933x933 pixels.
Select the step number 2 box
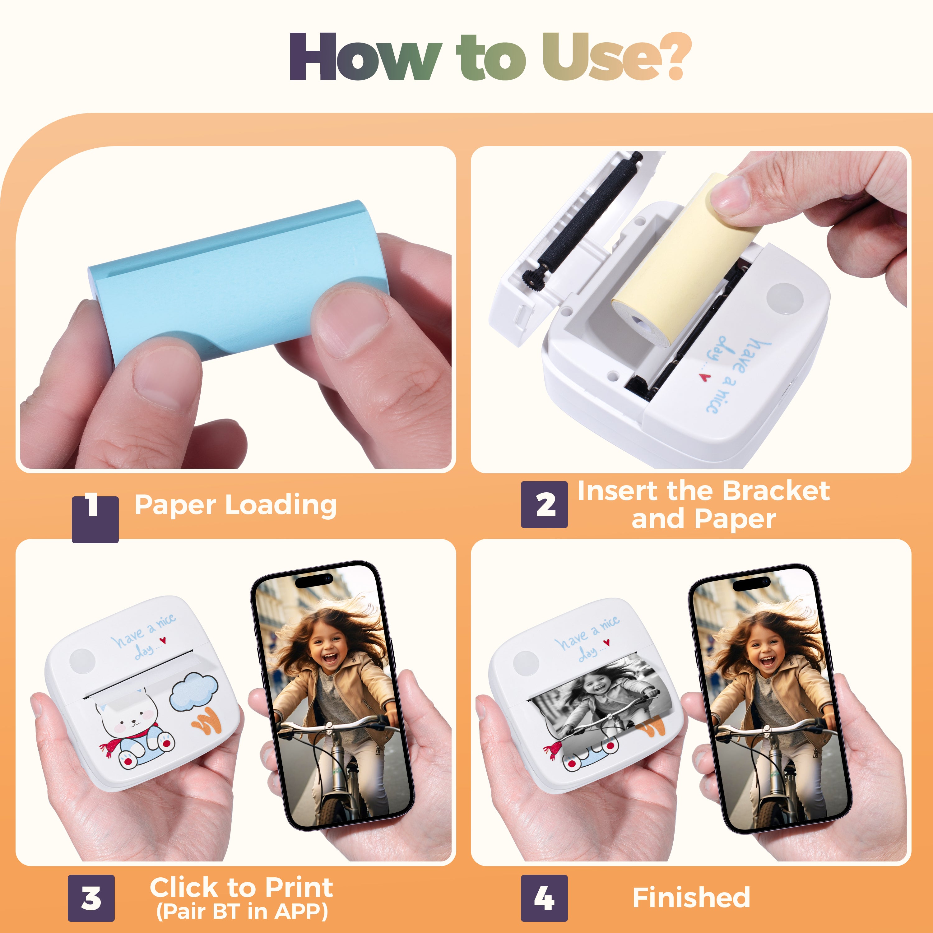click(544, 505)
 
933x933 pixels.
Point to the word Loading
click(281, 505)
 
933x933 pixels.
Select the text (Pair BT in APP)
click(242, 911)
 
